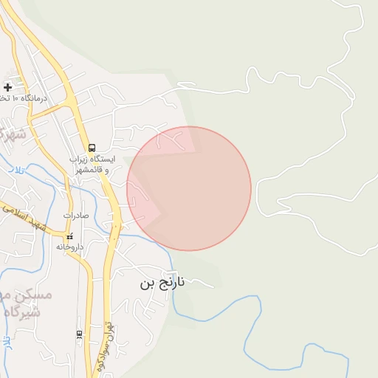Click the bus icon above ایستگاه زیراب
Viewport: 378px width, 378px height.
click(x=92, y=148)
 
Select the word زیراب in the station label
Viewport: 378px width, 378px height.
click(x=78, y=159)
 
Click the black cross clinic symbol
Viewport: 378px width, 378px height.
click(x=8, y=87)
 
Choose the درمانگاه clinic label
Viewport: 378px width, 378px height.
click(x=33, y=97)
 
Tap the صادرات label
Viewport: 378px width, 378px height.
click(x=75, y=216)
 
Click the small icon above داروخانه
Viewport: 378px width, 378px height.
click(x=70, y=237)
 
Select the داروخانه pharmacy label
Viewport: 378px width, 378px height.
click(x=69, y=247)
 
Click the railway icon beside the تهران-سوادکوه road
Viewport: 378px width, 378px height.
click(x=79, y=334)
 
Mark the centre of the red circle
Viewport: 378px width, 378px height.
click(x=189, y=188)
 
